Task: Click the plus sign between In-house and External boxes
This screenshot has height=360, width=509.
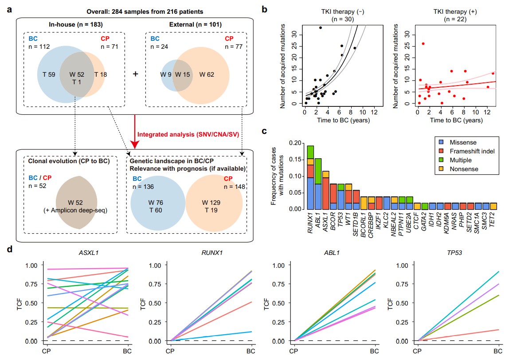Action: [135, 74]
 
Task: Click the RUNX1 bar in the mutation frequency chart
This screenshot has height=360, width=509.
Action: [310, 177]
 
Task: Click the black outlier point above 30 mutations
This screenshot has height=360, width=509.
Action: [321, 27]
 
